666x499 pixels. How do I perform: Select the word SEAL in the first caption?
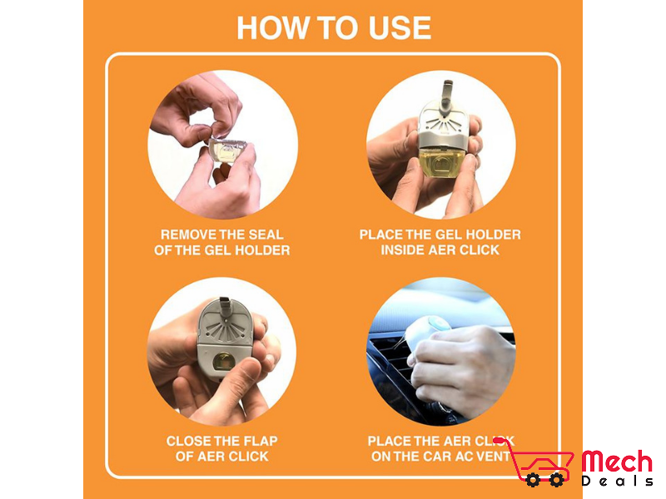[x=266, y=235]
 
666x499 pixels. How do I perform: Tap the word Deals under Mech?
[x=617, y=482]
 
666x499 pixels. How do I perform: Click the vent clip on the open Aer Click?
[x=446, y=96]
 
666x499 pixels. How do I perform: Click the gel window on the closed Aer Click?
[x=221, y=362]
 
